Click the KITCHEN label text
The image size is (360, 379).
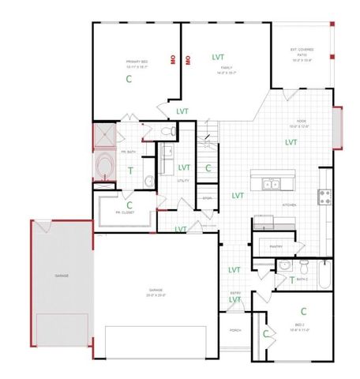[x=289, y=205]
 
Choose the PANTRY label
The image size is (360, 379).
[x=276, y=246]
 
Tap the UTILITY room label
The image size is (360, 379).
[x=183, y=181]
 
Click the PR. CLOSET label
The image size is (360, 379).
[x=124, y=212]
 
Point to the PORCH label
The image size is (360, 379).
[x=234, y=330]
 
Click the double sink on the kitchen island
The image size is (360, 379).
[x=271, y=185]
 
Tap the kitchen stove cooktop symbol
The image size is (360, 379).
[x=324, y=196]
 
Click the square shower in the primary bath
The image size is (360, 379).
[x=104, y=135]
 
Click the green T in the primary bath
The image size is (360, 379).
[x=130, y=171]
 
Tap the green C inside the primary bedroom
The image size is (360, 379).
[x=128, y=80]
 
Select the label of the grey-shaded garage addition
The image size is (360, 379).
[x=61, y=275]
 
